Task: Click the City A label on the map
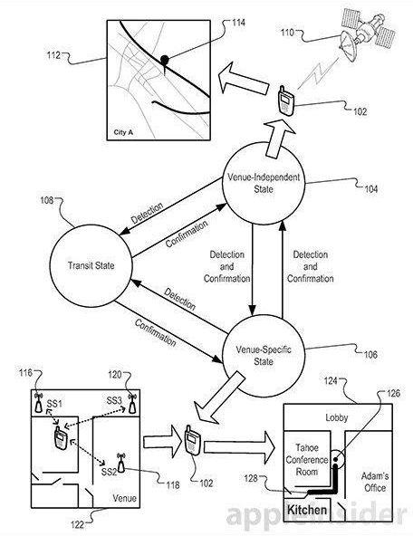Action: click(x=123, y=132)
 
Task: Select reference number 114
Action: click(x=238, y=23)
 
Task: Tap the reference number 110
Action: click(x=287, y=33)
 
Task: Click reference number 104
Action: click(x=371, y=189)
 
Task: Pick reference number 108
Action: click(x=47, y=200)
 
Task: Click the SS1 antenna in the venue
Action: click(x=39, y=403)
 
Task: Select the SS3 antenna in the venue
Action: click(x=132, y=404)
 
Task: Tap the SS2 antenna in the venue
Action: click(x=120, y=463)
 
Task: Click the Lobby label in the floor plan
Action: click(x=337, y=417)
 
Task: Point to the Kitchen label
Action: click(x=307, y=510)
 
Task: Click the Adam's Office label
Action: click(x=375, y=482)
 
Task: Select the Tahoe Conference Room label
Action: click(x=307, y=460)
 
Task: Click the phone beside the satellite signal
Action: click(x=284, y=101)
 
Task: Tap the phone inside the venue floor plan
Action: click(x=61, y=438)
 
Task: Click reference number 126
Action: click(x=393, y=394)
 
